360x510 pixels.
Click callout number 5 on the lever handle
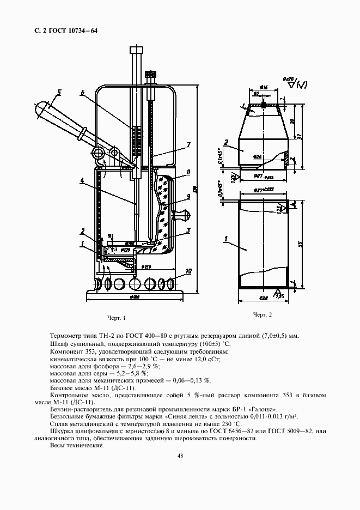tap(59, 92)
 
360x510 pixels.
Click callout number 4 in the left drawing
tap(82, 179)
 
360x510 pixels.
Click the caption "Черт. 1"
tap(117, 318)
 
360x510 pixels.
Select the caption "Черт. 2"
tap(262, 315)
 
